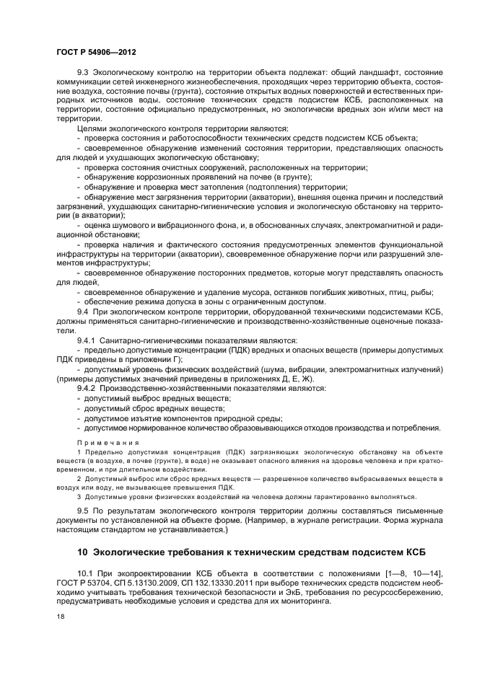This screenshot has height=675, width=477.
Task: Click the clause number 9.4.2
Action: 89,388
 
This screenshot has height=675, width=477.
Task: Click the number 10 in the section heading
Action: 82,552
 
